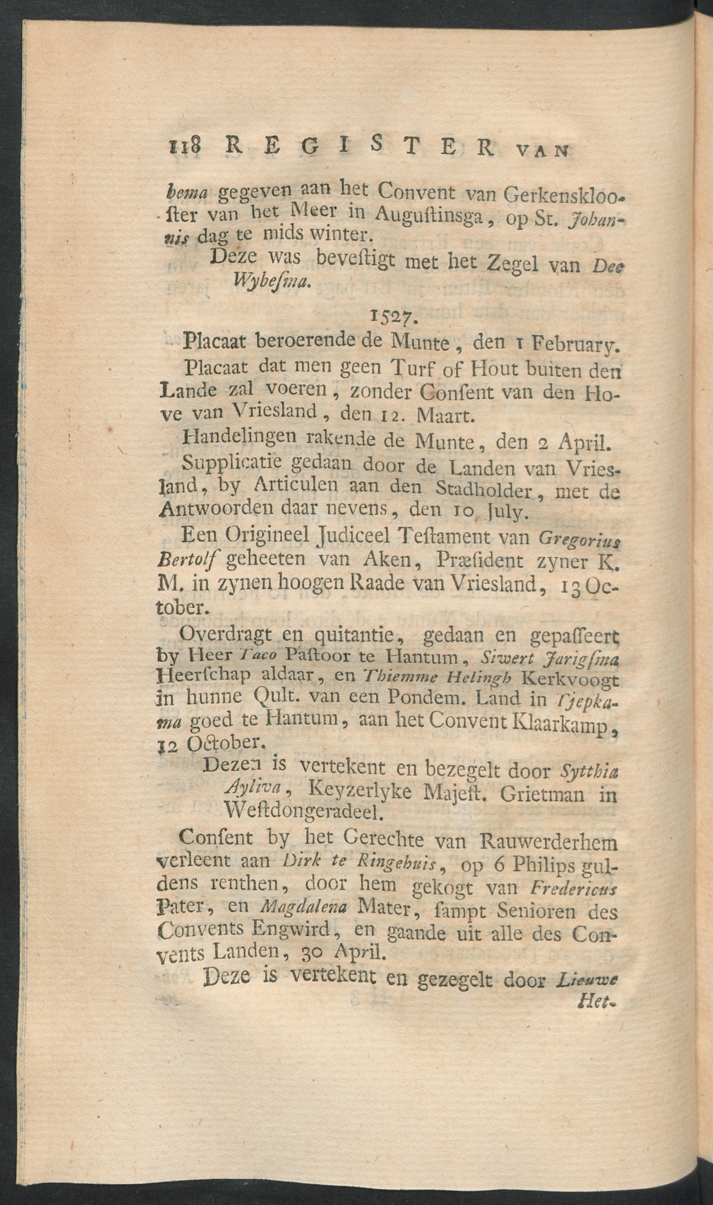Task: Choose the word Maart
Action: click(446, 415)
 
